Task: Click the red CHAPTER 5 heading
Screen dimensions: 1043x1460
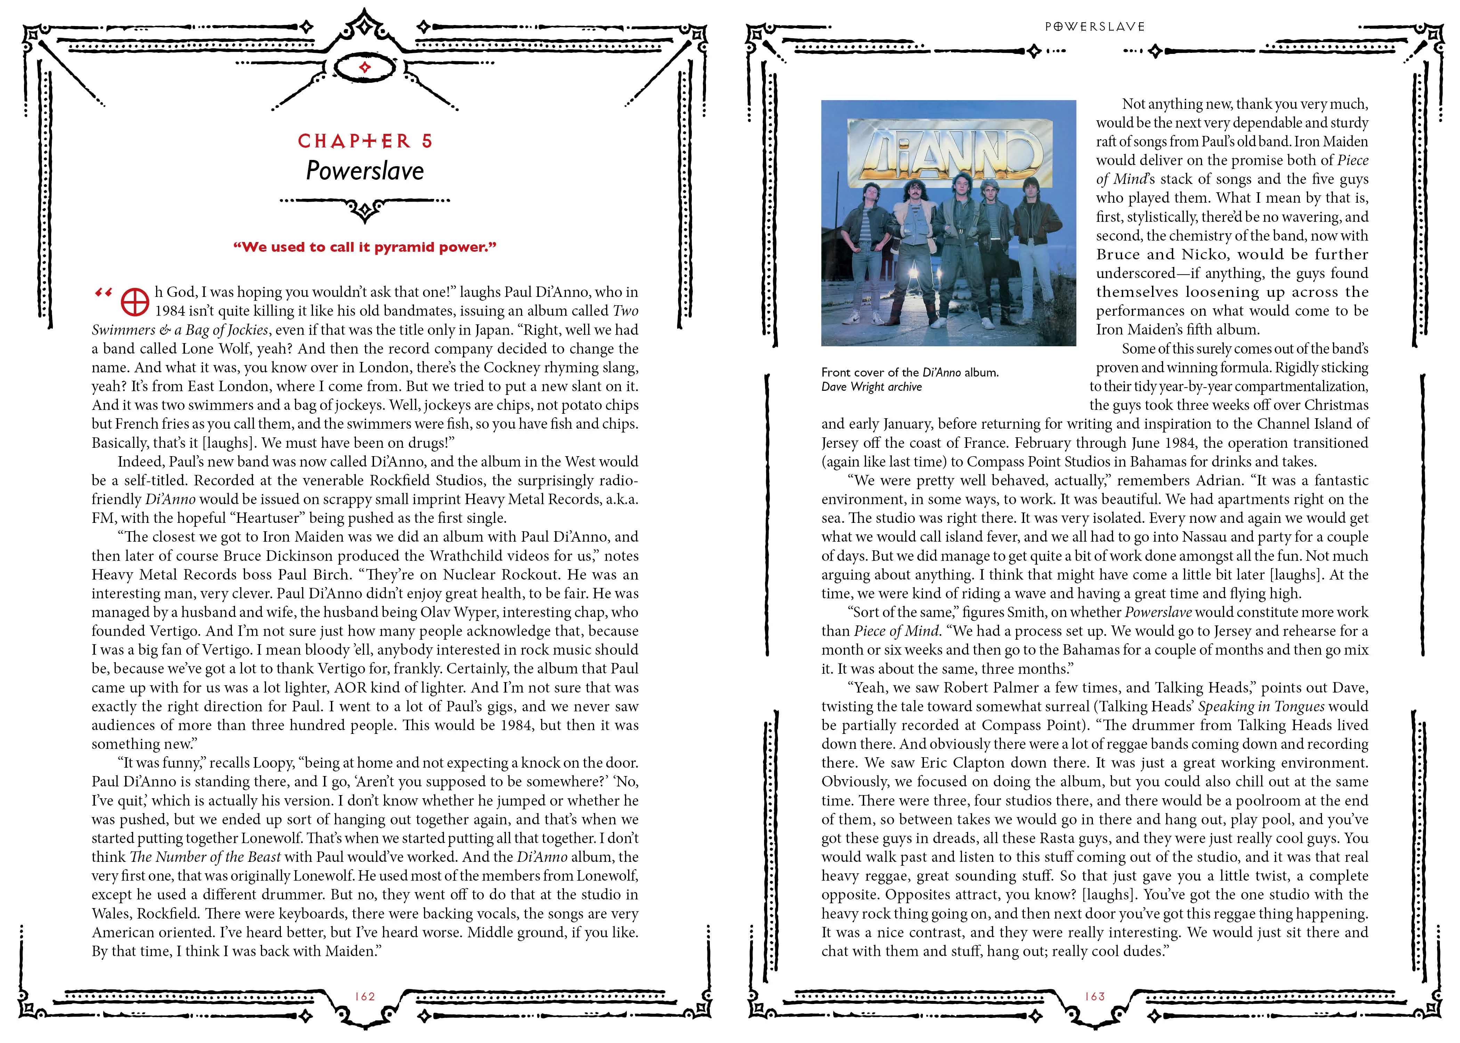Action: [x=365, y=141]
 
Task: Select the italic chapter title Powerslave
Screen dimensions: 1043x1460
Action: [x=365, y=171]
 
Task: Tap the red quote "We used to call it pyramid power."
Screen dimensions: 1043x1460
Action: [x=365, y=247]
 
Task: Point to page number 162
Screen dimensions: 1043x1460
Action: [x=365, y=996]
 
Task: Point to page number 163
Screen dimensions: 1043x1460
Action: [x=1095, y=996]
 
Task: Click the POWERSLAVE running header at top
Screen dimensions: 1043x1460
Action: [x=1095, y=26]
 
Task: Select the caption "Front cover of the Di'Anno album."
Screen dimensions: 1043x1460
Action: [x=910, y=372]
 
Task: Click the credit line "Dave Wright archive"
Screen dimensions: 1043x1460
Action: [x=871, y=387]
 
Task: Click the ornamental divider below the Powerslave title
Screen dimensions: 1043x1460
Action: [x=365, y=205]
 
